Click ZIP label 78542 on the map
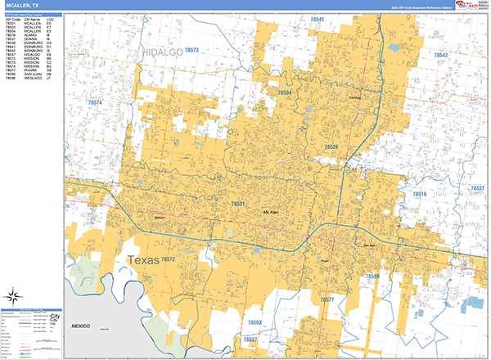[441, 55]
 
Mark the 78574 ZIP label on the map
[96, 102]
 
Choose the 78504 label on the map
[284, 93]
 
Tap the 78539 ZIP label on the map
[331, 146]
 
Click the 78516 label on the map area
[418, 194]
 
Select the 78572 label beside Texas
[169, 259]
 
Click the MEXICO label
[79, 326]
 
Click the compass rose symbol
[16, 297]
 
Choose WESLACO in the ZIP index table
[34, 79]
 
